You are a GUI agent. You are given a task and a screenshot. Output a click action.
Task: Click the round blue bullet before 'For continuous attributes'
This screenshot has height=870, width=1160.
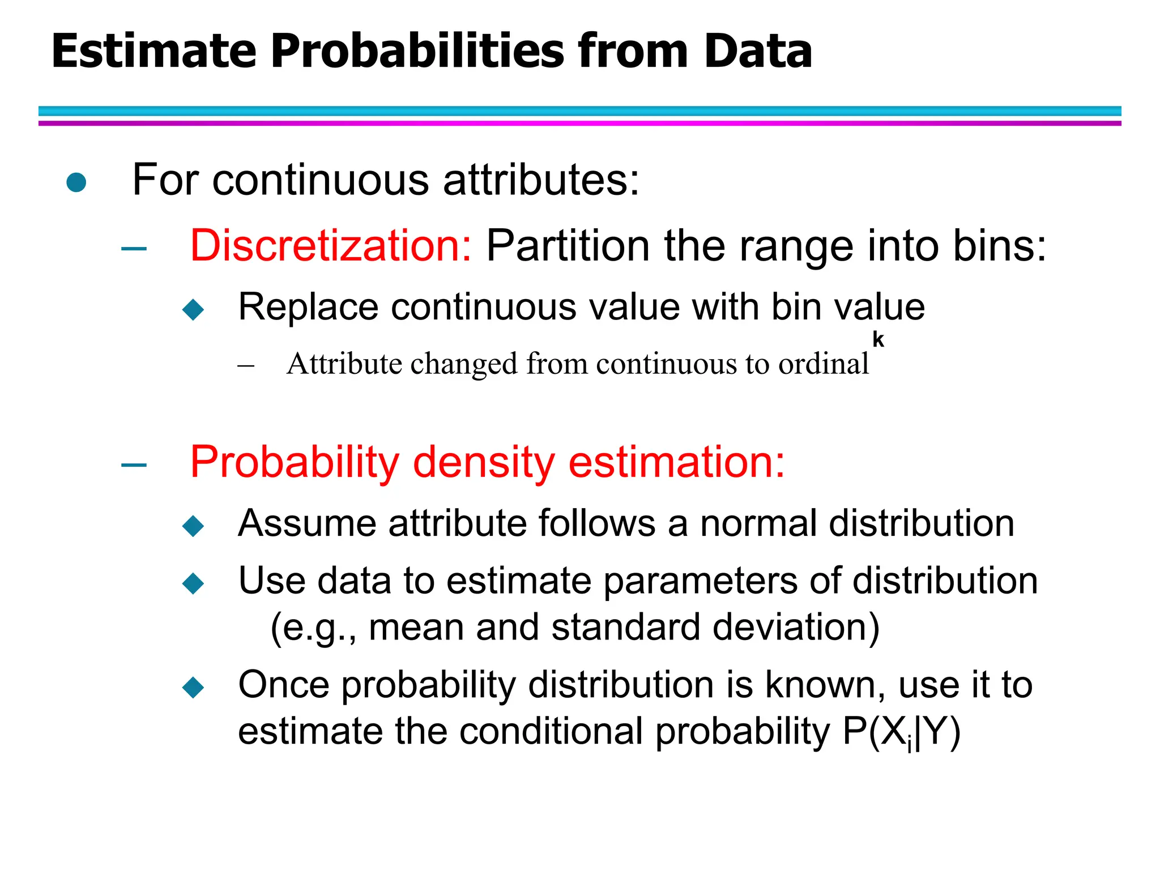point(76,182)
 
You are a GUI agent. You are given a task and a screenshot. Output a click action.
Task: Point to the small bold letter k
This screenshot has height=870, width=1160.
point(878,339)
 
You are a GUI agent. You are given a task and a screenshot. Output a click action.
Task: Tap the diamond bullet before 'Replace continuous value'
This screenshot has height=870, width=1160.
point(193,309)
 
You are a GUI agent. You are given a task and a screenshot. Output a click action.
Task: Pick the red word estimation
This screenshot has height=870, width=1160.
point(676,462)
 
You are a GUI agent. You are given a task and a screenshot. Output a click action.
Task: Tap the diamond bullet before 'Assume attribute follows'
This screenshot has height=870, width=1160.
point(193,526)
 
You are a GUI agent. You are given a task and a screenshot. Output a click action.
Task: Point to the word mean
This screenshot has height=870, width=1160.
point(416,628)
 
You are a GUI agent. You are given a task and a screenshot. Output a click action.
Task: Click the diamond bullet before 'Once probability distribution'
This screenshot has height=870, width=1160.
point(193,687)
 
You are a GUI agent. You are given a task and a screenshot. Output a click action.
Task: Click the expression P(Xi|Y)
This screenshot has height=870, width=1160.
point(901,732)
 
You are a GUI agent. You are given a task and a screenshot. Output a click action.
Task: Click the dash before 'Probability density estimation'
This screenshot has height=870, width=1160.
point(134,465)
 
